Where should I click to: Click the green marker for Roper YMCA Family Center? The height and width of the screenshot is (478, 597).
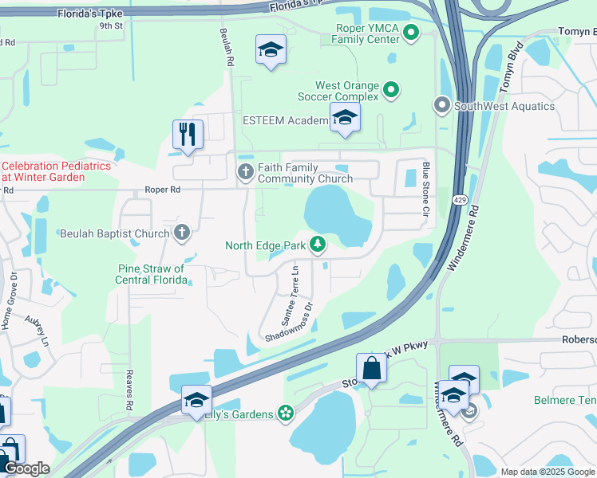pos(411,33)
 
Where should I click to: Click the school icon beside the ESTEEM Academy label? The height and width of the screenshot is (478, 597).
pos(345,119)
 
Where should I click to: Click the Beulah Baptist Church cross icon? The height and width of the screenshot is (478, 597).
pos(182,233)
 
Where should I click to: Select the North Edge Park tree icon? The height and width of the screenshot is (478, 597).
pos(318,245)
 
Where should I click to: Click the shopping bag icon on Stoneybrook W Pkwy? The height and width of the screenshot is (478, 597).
pos(371,368)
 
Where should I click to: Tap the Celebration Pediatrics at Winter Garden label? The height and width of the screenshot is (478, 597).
pos(54,171)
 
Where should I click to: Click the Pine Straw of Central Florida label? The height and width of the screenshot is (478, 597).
pos(151,274)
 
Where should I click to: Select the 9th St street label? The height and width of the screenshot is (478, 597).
pos(111,25)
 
